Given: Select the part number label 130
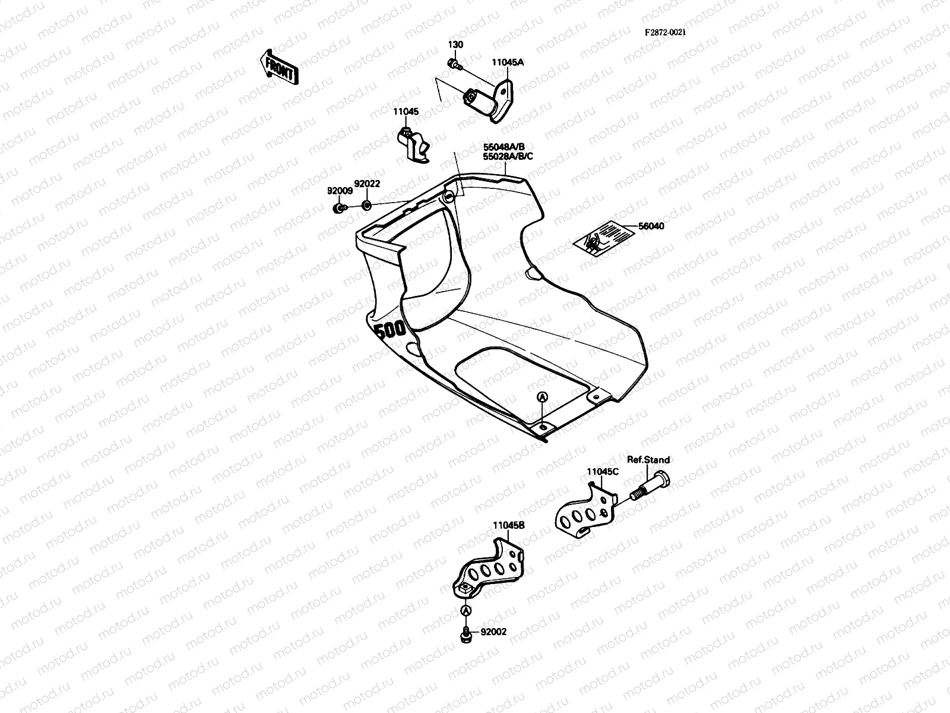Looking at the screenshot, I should [x=455, y=45].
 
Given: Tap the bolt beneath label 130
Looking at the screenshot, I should [x=454, y=64].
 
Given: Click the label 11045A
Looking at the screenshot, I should [x=508, y=62].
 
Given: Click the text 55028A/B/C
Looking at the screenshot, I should [x=508, y=156].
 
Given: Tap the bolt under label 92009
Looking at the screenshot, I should [x=338, y=208].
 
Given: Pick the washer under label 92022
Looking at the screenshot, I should [x=366, y=206].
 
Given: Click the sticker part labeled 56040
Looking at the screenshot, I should [x=601, y=238].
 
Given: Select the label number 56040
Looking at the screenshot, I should [x=651, y=226].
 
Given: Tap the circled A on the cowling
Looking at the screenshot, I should [x=541, y=396].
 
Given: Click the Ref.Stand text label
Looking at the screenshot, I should [x=648, y=460].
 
